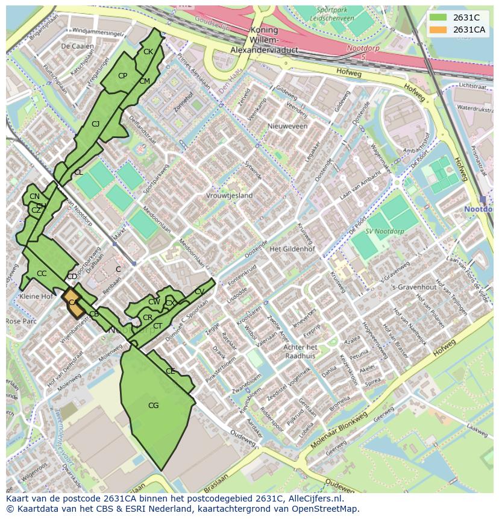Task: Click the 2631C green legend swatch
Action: click(x=438, y=17)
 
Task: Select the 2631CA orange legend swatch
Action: click(x=438, y=30)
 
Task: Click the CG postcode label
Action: click(x=153, y=406)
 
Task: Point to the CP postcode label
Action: click(x=122, y=76)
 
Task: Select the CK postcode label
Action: click(x=148, y=52)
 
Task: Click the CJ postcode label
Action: click(x=95, y=124)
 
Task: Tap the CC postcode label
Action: click(x=42, y=274)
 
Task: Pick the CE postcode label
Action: click(x=170, y=371)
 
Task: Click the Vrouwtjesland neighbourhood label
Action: click(x=230, y=196)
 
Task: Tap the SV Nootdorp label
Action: click(x=384, y=231)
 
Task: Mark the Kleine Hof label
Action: click(x=36, y=297)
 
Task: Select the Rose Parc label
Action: click(x=22, y=321)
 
